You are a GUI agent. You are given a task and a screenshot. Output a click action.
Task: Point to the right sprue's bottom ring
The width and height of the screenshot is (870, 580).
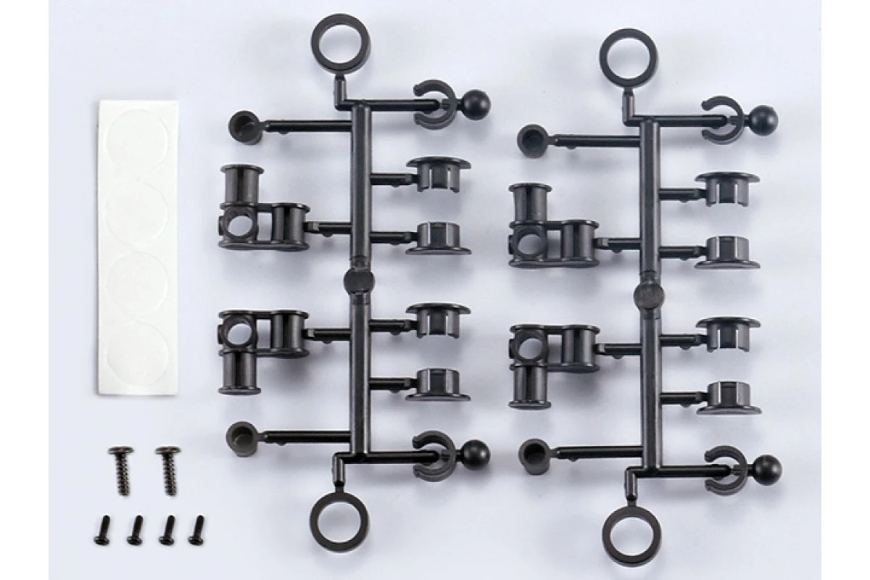coord(628,535)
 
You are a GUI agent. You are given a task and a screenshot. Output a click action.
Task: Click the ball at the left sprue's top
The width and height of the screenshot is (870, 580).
coord(477,105)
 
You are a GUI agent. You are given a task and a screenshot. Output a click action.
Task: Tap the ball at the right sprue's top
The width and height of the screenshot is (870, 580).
coord(763,117)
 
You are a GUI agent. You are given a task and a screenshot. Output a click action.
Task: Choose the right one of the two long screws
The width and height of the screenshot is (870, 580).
coord(167,470)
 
